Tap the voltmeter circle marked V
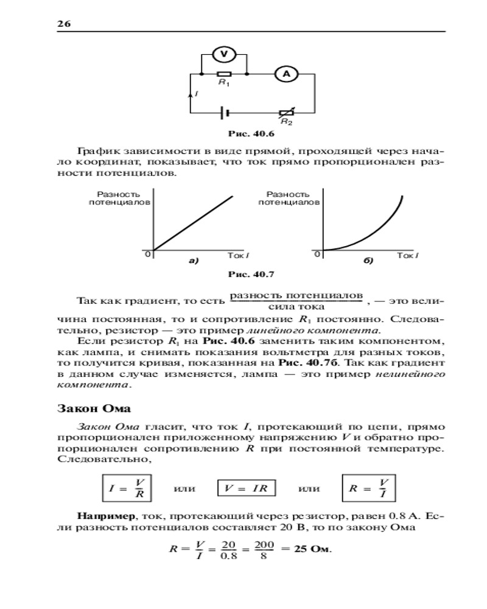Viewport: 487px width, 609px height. point(223,54)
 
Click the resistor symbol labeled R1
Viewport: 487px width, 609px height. point(223,74)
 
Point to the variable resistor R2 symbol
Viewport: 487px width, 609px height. point(287,113)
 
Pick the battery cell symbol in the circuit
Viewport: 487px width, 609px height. point(225,113)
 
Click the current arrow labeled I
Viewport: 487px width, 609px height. point(192,93)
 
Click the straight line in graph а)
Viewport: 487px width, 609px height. point(194,222)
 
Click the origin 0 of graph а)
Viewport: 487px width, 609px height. point(147,254)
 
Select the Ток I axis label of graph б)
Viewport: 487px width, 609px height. point(407,256)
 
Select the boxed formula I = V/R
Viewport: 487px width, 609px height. point(127,488)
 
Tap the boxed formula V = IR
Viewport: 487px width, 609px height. point(247,488)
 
